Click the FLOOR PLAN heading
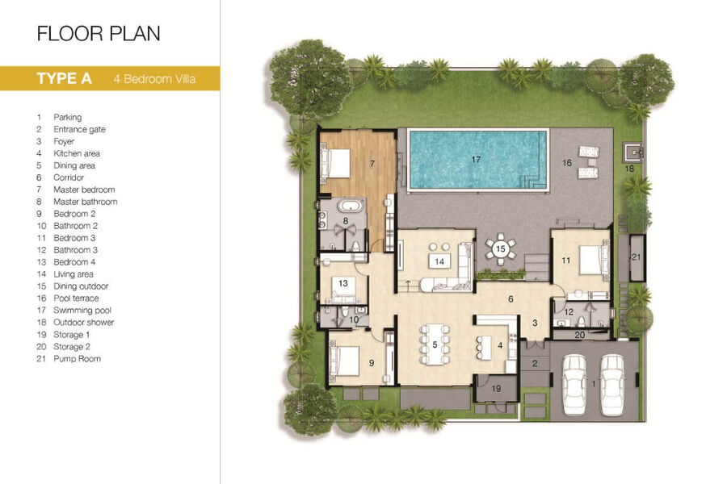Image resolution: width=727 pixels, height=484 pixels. pos(99,34)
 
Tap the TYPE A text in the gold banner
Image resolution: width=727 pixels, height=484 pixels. pos(64,78)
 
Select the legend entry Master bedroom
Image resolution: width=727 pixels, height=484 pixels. pos(84,190)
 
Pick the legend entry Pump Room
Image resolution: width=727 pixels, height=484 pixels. pos(77,358)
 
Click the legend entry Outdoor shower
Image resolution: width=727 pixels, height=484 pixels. pos(83,323)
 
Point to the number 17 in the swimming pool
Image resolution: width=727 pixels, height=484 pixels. pos(476,160)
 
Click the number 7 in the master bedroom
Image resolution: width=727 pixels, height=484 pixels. pos(372,163)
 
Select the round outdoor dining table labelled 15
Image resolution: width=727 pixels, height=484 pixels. pos(500,249)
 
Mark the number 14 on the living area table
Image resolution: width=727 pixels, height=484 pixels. pos(439,261)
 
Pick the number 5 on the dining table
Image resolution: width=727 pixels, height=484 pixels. pos(435,344)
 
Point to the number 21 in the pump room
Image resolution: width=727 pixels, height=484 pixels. pos(637,257)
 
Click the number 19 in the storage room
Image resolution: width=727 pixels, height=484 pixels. pos(496,389)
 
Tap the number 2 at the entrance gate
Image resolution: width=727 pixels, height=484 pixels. pos(535,364)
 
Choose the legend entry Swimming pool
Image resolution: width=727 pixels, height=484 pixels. pos(82,311)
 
